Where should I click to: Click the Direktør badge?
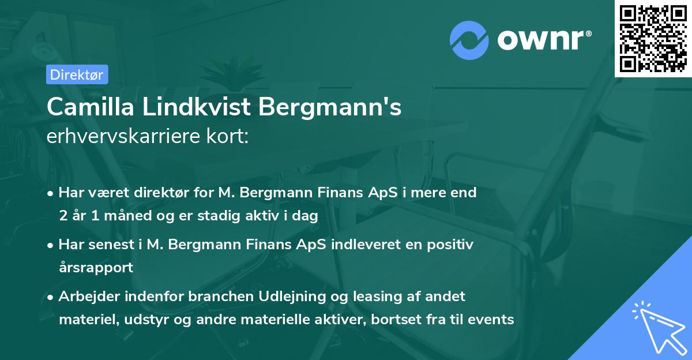(x=77, y=74)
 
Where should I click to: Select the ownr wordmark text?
(x=543, y=39)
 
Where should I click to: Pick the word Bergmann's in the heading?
(x=330, y=107)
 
